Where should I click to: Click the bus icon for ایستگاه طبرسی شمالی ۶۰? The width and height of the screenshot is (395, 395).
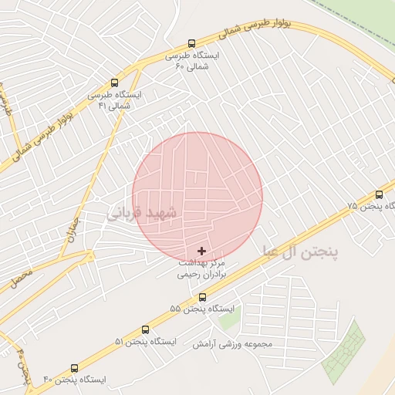coord(192,44)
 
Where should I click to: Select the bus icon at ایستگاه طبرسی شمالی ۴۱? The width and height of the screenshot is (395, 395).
coord(115,82)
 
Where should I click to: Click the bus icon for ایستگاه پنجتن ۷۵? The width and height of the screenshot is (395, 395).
coord(379,194)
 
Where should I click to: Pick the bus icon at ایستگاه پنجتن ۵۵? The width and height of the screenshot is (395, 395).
coord(202,297)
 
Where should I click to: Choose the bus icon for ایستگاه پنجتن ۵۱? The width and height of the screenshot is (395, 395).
coord(146,329)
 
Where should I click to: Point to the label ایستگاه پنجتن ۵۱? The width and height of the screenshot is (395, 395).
coord(146,341)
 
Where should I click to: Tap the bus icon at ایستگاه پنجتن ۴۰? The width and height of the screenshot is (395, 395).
coord(74,368)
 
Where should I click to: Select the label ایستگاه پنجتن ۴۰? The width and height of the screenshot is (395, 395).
coord(74,380)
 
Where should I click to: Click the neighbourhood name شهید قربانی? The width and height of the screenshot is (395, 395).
coord(145,211)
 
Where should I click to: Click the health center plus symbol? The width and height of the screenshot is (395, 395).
coord(202,251)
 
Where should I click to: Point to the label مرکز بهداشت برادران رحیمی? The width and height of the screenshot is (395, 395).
coord(202,268)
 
